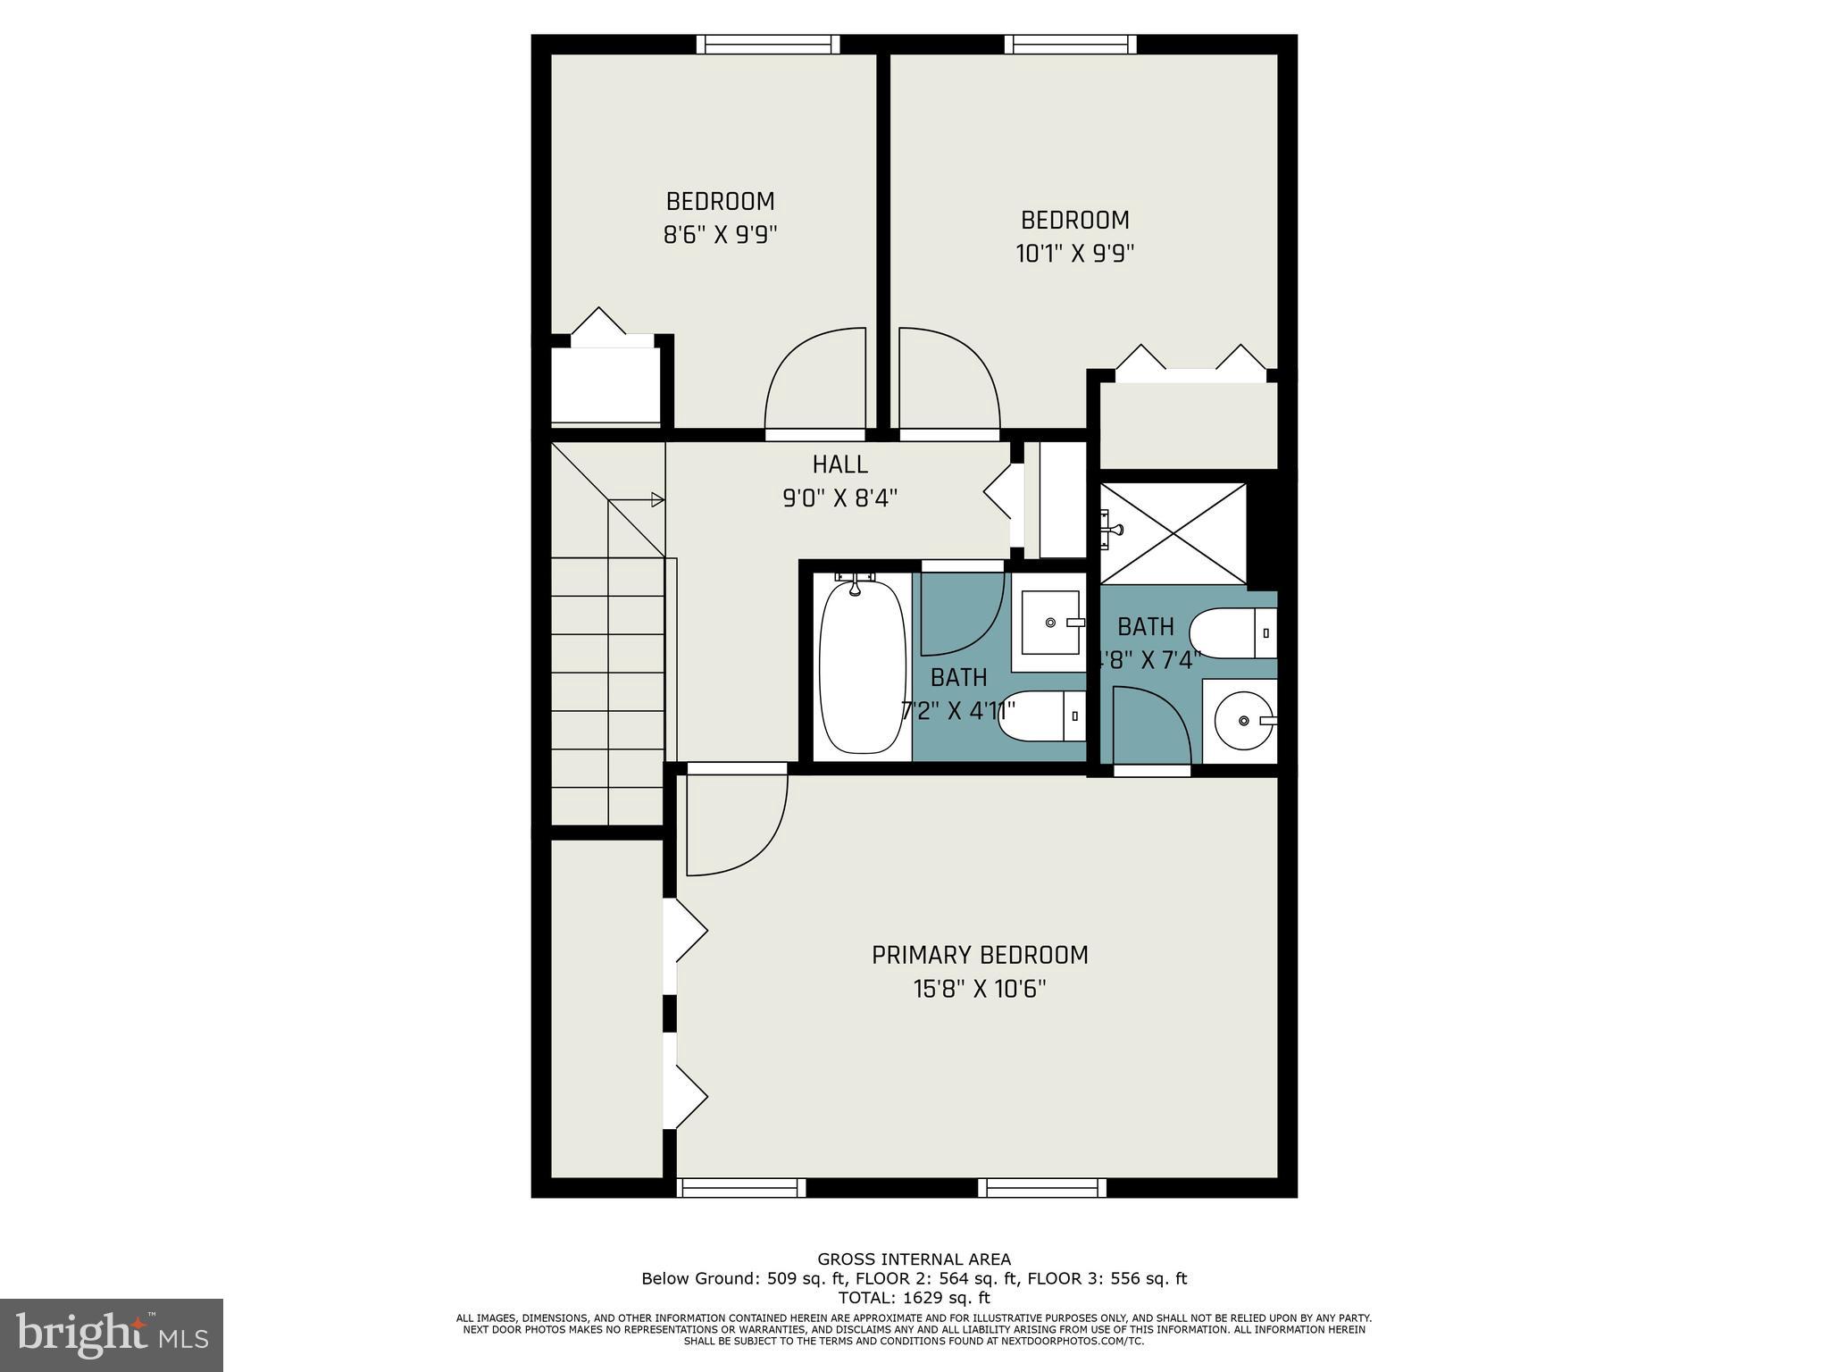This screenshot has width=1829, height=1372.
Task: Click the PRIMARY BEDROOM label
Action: (x=980, y=955)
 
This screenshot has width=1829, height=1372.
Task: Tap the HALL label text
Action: (x=839, y=464)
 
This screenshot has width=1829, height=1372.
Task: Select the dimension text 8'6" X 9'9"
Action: (x=720, y=235)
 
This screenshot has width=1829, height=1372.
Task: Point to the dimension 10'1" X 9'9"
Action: (x=1074, y=254)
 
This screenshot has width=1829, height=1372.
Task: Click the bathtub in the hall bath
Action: (x=862, y=665)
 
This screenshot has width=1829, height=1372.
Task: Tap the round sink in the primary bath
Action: (x=1244, y=720)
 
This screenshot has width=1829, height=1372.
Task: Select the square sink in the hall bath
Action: (x=1049, y=623)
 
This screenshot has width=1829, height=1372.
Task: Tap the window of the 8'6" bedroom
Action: (x=768, y=45)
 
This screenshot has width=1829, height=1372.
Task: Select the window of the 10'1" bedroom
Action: (x=1070, y=45)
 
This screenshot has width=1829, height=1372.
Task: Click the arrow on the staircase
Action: (x=656, y=499)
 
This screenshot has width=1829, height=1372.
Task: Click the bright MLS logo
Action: (x=112, y=1334)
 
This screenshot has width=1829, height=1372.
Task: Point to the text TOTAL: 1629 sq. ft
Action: (x=914, y=1298)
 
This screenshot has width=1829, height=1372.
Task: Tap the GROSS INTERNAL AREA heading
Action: (x=914, y=1259)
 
